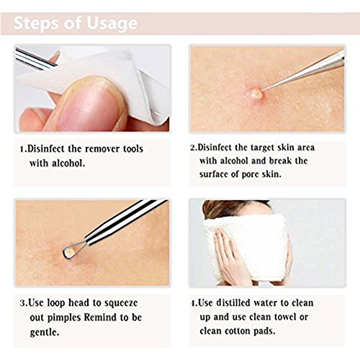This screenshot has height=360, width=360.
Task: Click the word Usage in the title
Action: click(112, 24)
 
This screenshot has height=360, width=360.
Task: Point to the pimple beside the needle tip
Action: click(255, 94)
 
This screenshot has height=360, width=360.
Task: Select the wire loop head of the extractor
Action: click(73, 250)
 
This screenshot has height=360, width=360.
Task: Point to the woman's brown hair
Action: click(230, 210)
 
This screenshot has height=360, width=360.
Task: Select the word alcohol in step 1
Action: click(68, 163)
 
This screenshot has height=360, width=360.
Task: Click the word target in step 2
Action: click(262, 148)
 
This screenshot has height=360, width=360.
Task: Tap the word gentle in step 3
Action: click(45, 333)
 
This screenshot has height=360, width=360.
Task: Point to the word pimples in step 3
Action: click(63, 318)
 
